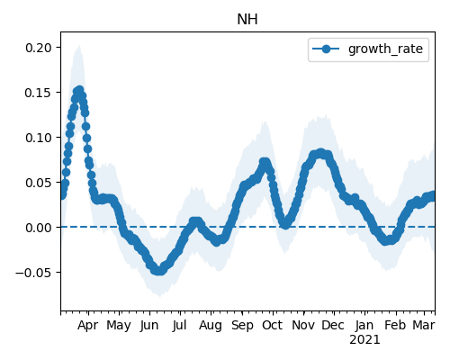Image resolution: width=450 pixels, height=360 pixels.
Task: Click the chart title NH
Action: pos(247,20)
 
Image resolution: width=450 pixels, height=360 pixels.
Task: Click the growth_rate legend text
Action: pos(385,49)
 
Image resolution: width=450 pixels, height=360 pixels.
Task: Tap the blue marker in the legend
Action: pos(326,49)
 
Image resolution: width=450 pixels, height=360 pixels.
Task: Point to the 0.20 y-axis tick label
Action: pos(39,48)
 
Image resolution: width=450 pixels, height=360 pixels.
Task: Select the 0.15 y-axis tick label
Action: pos(39,93)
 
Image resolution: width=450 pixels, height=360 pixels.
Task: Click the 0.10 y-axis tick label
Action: pos(39,138)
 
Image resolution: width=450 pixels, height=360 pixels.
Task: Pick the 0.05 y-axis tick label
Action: pos(39,183)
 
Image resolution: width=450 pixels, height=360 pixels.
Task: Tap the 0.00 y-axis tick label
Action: pos(39,228)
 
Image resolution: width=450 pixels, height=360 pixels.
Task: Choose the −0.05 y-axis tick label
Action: pos(33,273)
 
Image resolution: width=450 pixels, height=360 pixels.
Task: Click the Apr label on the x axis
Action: pos(87,326)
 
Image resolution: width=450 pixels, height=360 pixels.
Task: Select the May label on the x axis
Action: pos(119,326)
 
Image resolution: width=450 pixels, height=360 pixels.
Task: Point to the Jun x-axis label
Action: pos(149,326)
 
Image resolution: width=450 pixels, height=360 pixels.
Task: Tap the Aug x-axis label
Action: pos(211,326)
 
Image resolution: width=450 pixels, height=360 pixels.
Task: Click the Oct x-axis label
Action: pos(272,326)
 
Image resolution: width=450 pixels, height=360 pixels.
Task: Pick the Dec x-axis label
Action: pos(333,326)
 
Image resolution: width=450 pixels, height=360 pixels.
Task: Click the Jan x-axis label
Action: pos(364,326)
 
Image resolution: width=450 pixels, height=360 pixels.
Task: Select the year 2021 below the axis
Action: pos(364,340)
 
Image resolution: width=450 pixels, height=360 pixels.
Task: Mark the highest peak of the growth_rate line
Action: pos(80,89)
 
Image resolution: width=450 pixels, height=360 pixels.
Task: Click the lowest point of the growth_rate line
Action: pos(159,271)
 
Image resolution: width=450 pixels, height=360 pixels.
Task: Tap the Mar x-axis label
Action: pos(424,326)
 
